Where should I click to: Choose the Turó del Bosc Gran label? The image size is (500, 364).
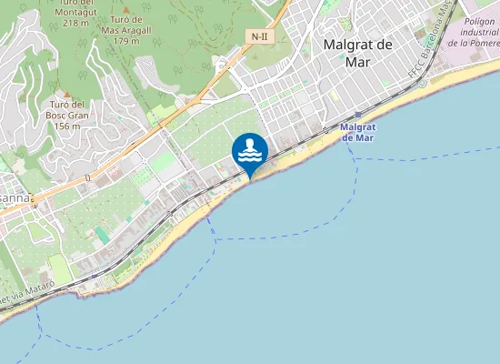[x=66, y=110]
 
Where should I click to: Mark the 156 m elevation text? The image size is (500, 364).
[x=67, y=126]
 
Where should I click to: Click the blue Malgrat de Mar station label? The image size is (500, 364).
[x=356, y=133]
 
